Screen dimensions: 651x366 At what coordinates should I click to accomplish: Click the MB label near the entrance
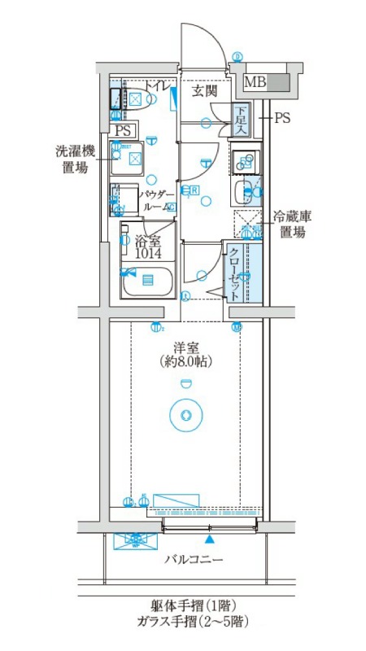point(255,82)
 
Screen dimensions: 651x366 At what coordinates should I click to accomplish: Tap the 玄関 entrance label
point(204,91)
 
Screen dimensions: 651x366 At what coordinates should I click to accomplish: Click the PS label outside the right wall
point(281,118)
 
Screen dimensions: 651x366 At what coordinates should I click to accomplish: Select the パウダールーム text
point(156,201)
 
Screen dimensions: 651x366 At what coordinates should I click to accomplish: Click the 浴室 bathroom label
point(148,241)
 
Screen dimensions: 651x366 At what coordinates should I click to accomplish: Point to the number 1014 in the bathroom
point(148,254)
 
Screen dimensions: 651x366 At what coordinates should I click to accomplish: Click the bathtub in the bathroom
point(147,282)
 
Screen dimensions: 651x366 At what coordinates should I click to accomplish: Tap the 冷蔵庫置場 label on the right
point(292,224)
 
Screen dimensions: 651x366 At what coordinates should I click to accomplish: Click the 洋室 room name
point(186,347)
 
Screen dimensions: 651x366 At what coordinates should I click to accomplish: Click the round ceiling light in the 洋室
point(186,414)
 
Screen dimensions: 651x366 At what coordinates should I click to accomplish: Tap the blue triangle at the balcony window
point(211,539)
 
